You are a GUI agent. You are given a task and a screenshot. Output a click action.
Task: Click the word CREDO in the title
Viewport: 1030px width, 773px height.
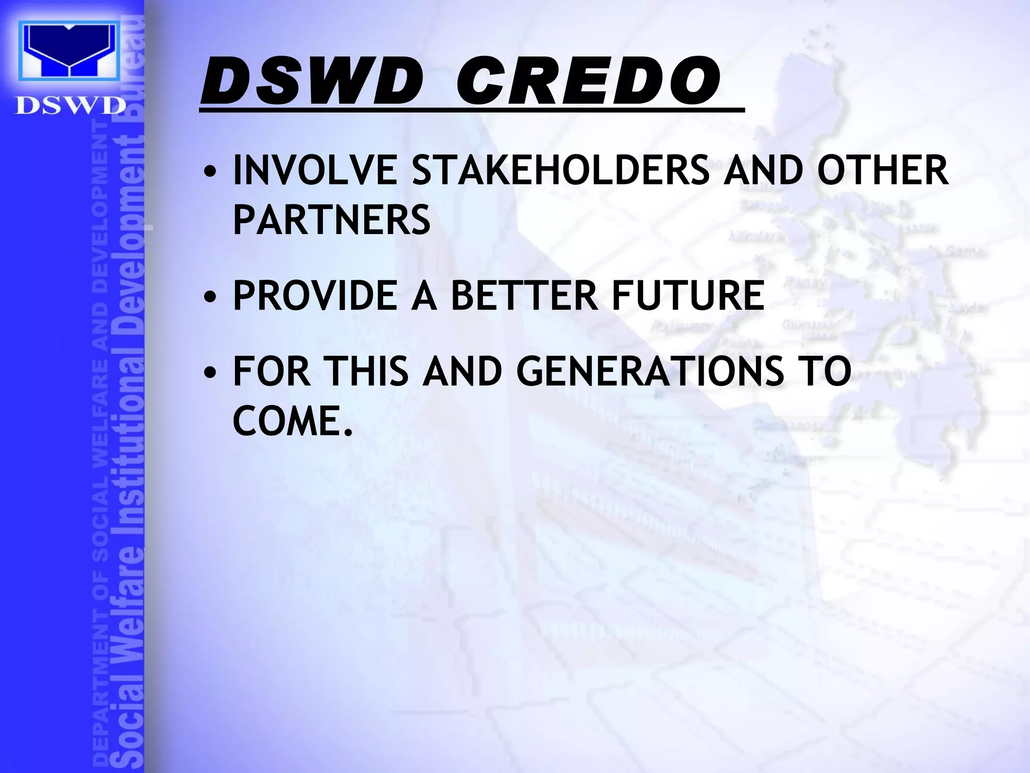pos(588,82)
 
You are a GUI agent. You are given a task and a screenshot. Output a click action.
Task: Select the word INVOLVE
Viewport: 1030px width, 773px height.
pos(315,170)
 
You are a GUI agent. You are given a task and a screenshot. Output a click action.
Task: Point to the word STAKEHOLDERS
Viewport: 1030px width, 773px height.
pos(560,170)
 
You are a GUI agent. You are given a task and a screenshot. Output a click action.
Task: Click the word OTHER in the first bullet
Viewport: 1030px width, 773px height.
pos(883,170)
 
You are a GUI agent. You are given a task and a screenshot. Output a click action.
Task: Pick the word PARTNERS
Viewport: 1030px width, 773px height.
pos(331,219)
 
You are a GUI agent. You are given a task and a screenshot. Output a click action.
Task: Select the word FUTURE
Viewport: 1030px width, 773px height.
pos(688,295)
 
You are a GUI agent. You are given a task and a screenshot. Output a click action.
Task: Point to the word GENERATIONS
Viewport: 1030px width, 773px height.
pos(649,371)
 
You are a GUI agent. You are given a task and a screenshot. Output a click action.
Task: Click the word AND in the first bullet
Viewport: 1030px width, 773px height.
pos(763,170)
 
